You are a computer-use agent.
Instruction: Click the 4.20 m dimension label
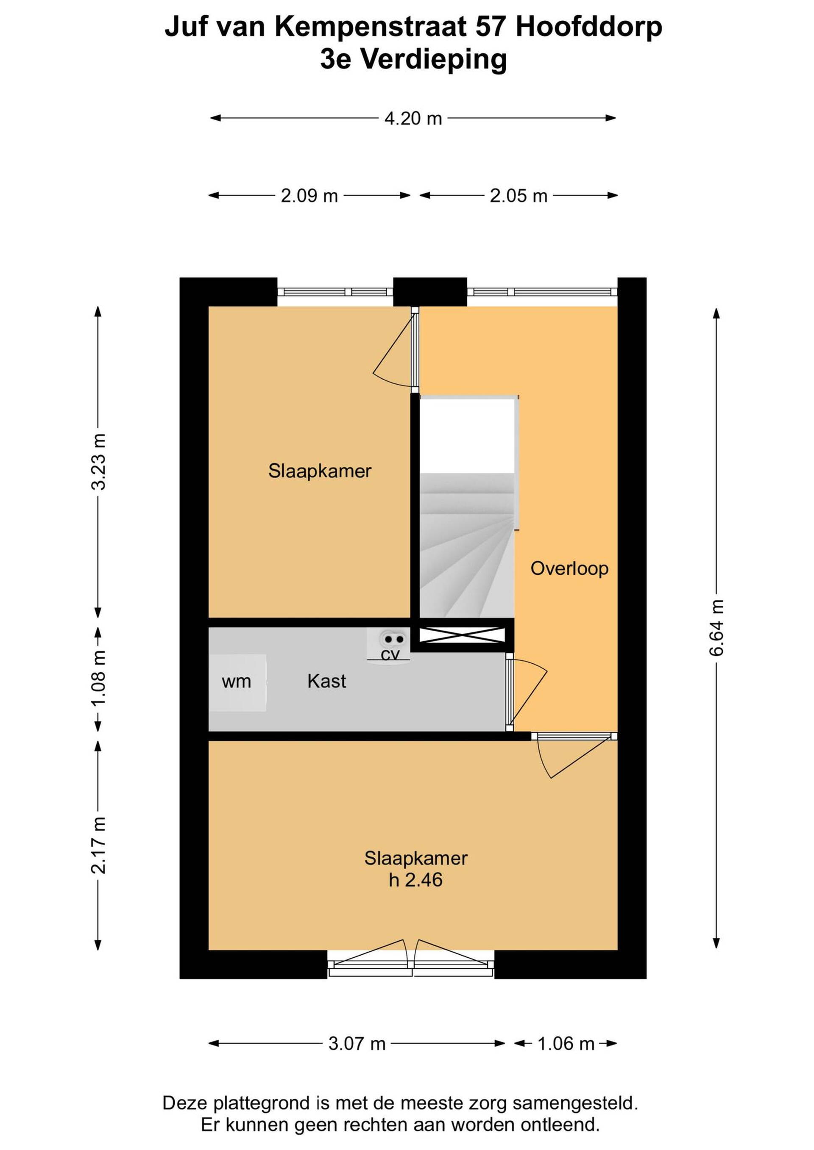tap(413, 119)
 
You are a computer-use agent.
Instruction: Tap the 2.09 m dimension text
tap(309, 196)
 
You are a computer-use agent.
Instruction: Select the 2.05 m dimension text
tap(518, 196)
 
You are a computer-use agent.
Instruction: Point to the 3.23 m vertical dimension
tap(99, 461)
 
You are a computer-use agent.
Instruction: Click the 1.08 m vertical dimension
tap(99, 678)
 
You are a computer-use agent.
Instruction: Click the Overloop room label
tap(569, 568)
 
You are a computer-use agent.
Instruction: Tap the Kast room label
tap(327, 681)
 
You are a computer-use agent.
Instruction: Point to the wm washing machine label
tap(236, 682)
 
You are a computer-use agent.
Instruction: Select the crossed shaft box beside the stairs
tap(462, 635)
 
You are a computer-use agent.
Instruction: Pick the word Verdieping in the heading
tap(434, 60)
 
